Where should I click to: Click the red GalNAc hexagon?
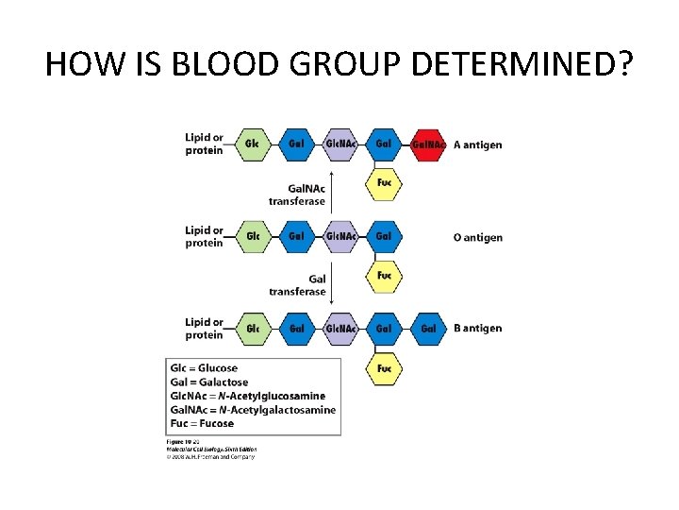point(429,144)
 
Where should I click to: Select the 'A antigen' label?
point(478,144)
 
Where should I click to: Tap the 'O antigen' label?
point(478,237)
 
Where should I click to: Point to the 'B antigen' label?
point(478,329)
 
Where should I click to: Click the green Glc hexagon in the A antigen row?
point(252,144)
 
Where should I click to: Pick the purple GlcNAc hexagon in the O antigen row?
point(340,236)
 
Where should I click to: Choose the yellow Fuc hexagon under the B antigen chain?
point(384,367)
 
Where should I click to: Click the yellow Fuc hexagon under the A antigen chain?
point(384,182)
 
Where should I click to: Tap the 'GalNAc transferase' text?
point(297,195)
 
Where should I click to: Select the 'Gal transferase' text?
point(297,285)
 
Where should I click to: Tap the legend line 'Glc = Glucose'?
point(204,367)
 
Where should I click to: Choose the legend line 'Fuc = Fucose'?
point(201,424)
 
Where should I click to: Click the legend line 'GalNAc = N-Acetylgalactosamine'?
point(252,410)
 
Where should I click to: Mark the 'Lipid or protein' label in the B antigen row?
point(204,329)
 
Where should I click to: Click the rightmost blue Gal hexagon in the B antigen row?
point(428,329)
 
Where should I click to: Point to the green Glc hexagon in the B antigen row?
point(252,329)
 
